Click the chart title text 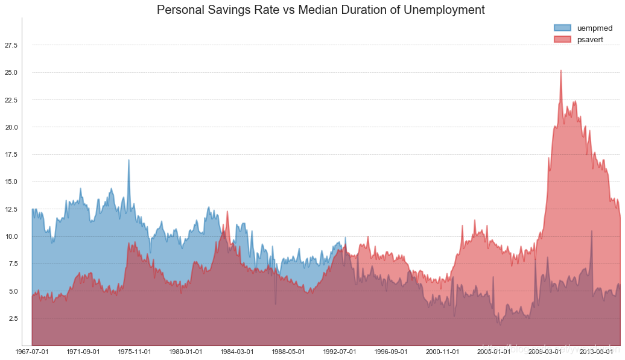tap(320, 10)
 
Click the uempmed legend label tap(595, 28)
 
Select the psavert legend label tap(591, 39)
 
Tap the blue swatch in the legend tap(562, 28)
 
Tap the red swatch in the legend tap(562, 39)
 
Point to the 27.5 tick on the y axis tap(11, 45)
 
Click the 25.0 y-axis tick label tap(11, 72)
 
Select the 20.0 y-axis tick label tap(11, 127)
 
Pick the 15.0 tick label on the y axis tap(11, 182)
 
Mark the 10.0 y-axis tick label tap(11, 236)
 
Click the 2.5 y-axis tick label tap(13, 318)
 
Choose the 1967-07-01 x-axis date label tap(32, 352)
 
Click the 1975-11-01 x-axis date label tap(135, 352)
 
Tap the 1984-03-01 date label tap(237, 352)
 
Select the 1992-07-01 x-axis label tap(340, 352)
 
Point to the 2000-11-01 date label tap(443, 352)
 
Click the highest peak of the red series tap(561, 71)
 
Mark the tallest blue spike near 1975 tap(128, 160)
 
